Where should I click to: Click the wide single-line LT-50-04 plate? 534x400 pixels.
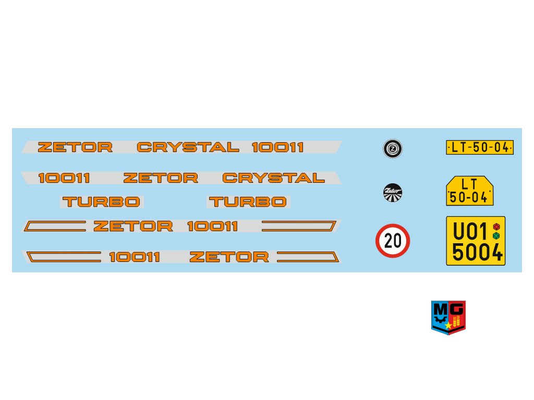click(x=480, y=147)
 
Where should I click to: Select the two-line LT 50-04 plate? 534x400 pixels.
click(x=470, y=191)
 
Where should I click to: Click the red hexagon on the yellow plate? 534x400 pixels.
click(x=496, y=227)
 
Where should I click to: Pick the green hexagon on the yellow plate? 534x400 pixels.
click(x=496, y=235)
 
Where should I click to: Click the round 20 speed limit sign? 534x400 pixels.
click(x=393, y=241)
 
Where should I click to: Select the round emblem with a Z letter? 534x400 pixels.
click(x=392, y=149)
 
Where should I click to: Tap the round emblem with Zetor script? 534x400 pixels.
click(x=392, y=193)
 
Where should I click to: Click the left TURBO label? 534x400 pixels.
click(x=101, y=202)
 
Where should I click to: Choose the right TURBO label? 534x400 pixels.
click(x=248, y=202)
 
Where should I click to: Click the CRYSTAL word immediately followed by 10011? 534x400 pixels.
click(x=188, y=147)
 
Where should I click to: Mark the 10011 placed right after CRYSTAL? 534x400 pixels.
click(x=277, y=147)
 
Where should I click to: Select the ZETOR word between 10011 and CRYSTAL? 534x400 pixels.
click(x=161, y=178)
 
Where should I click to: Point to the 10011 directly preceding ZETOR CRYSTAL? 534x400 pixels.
click(x=64, y=178)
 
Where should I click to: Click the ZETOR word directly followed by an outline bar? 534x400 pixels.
click(x=229, y=257)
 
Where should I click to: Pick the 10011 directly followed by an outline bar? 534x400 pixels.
click(x=212, y=226)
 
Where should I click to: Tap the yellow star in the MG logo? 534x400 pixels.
click(x=448, y=326)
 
